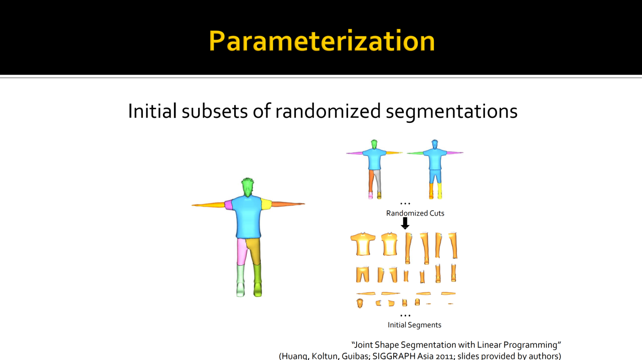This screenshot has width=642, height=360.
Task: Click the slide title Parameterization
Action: coord(322,41)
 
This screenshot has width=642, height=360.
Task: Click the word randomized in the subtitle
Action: coord(328,111)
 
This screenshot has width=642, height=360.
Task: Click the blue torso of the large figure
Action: coord(248,217)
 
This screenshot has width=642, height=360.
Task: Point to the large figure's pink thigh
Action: coord(242,251)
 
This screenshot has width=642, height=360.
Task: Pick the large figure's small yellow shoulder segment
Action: coord(266,204)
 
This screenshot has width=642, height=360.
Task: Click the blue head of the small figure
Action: coord(434,144)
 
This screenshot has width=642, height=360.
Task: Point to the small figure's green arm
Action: coord(416,153)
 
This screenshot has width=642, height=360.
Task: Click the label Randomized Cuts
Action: coord(415,213)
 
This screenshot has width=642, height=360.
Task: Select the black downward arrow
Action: coord(405,223)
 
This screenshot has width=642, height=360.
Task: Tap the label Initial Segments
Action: coord(414,325)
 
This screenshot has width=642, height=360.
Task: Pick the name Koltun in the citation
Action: coord(326,356)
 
